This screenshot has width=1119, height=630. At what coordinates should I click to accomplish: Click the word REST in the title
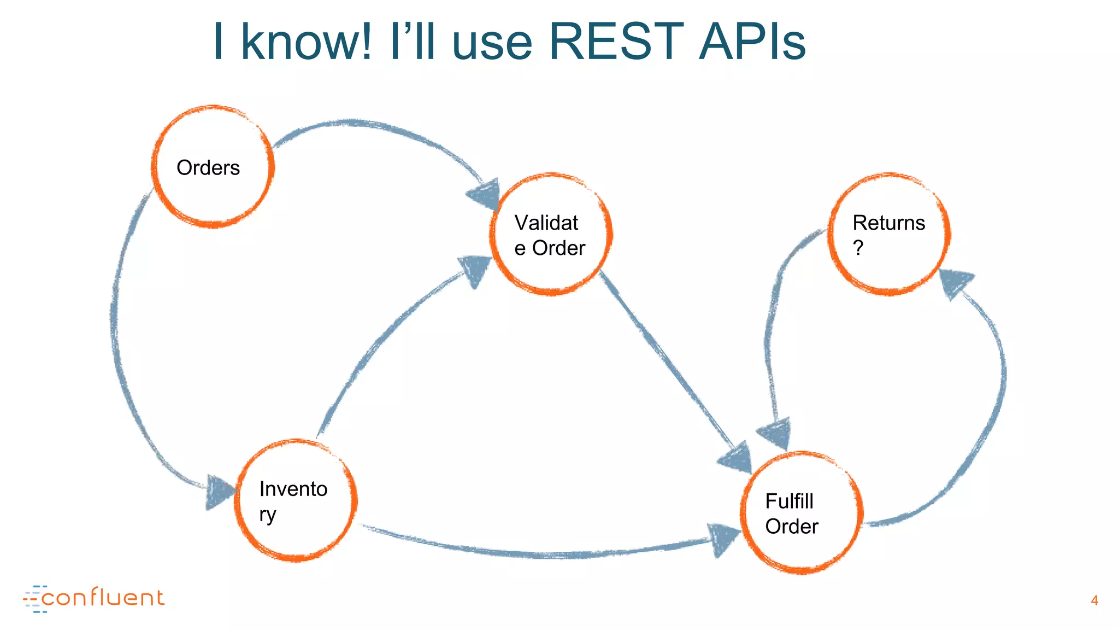coord(616,42)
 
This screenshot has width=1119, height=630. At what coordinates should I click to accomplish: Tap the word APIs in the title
coord(752,42)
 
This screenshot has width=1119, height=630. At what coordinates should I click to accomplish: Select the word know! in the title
coord(307,42)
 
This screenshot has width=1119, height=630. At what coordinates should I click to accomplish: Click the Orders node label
coord(208,168)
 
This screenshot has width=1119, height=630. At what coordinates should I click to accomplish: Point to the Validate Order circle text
coord(549,236)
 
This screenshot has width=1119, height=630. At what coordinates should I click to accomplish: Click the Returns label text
coord(888,223)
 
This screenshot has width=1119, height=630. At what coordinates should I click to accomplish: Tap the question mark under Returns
coord(858,248)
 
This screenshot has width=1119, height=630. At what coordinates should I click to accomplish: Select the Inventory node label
coord(293,501)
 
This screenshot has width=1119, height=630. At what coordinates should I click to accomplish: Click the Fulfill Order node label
coord(791,514)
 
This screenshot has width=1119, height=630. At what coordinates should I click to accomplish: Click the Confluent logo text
coord(103,598)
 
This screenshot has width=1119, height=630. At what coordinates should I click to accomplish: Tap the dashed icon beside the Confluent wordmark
coord(34,599)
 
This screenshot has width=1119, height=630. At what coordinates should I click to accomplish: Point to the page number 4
coord(1094,600)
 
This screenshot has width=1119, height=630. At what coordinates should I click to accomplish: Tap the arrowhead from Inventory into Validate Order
coord(475,269)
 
